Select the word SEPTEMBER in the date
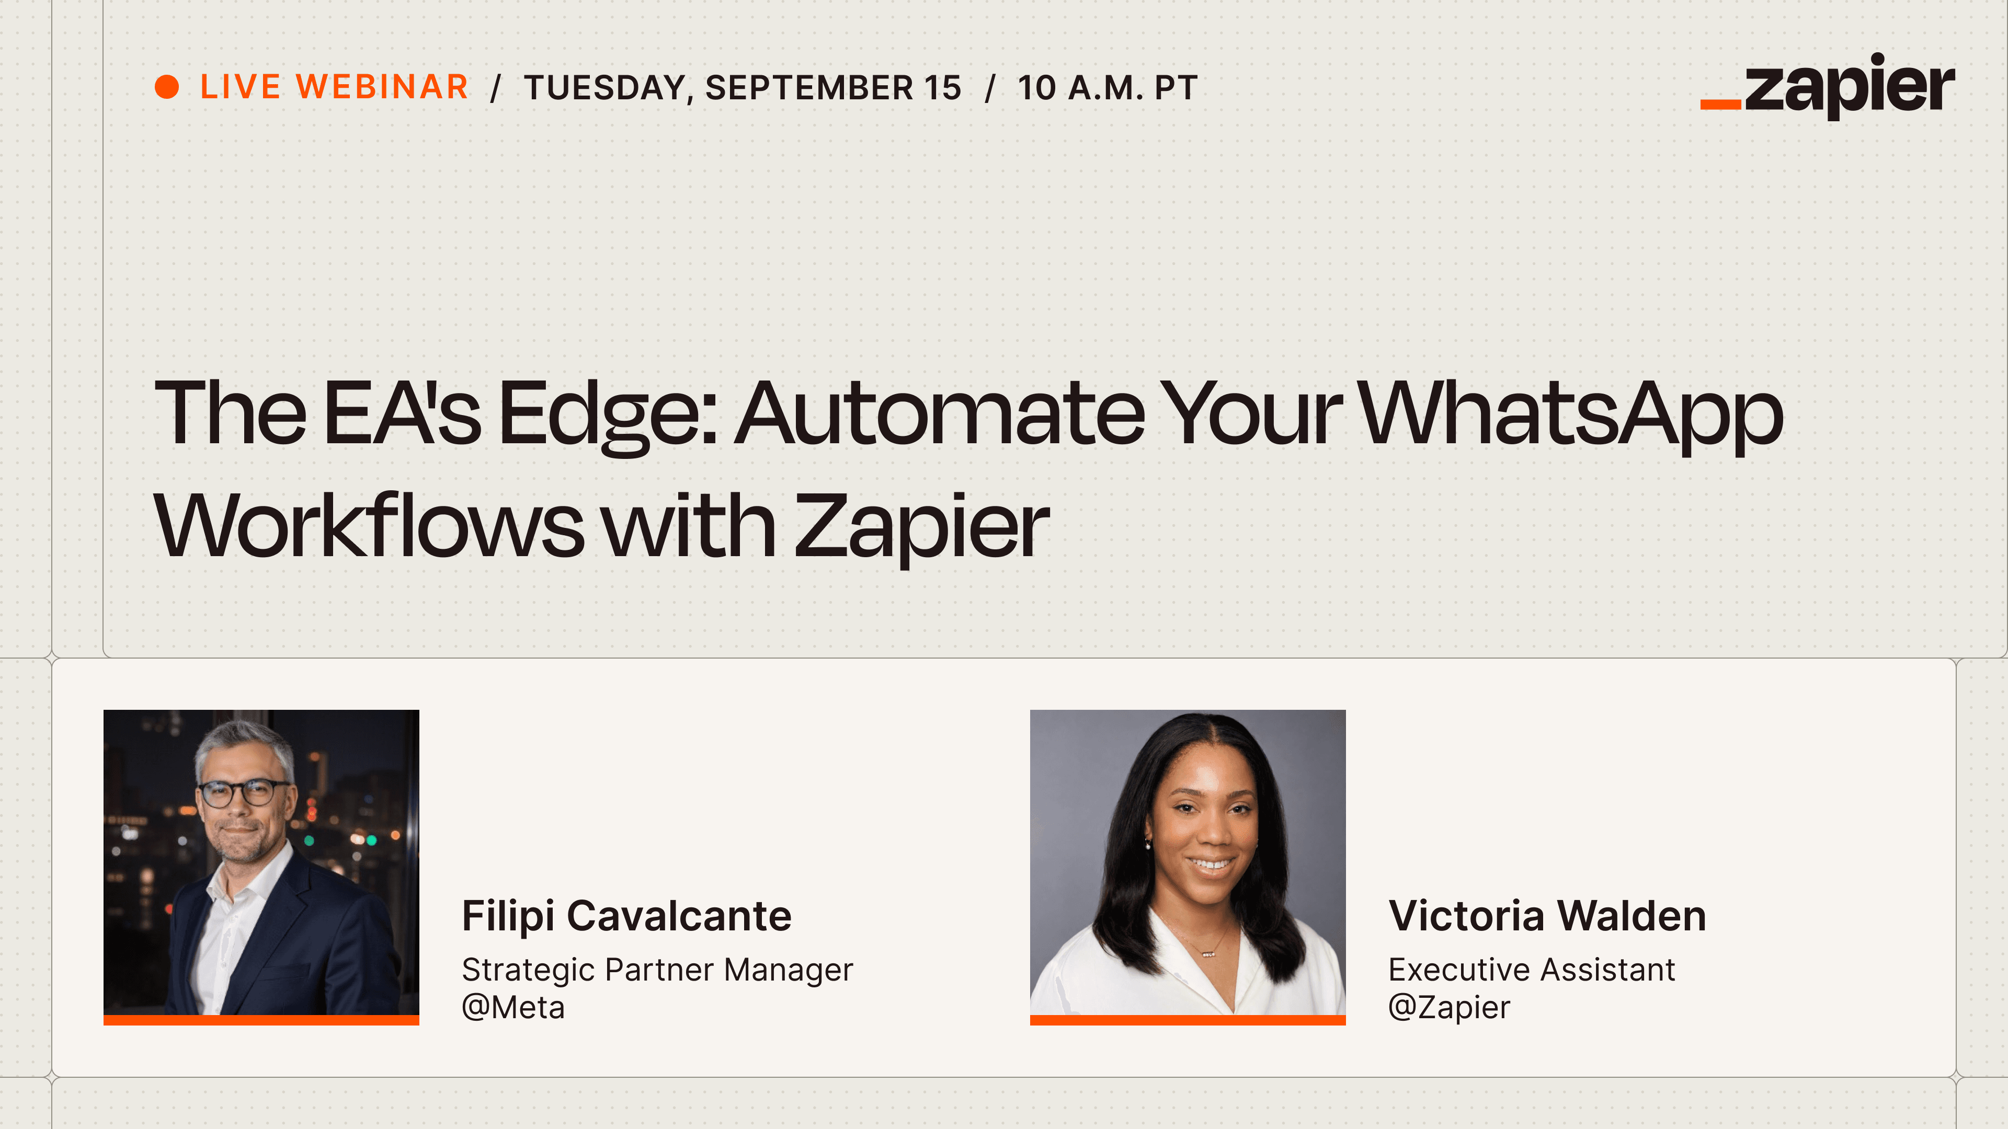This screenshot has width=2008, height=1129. pos(809,87)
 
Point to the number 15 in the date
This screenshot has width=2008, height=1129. pos(942,87)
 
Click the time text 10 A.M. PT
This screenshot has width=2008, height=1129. pos(1107,87)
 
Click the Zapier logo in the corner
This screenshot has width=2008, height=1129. pos(1827,86)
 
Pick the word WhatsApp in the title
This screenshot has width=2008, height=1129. pos(1571,414)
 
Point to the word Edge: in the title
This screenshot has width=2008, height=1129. pos(607,414)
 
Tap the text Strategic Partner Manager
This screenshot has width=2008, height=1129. pos(657,970)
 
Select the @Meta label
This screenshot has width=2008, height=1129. pos(513,1007)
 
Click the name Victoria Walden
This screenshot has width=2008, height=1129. pos(1547,916)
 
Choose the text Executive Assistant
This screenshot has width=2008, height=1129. pos(1532,970)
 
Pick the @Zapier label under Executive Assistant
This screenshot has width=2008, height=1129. pos(1449,1007)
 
